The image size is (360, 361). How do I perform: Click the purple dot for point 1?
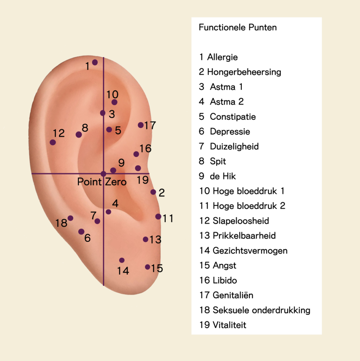95,62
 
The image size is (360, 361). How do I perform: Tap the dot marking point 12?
53,142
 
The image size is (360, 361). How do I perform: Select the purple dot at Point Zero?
103,173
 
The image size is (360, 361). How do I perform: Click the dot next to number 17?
140,125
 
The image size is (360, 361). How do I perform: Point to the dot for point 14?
122,260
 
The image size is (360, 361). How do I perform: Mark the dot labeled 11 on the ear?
158,216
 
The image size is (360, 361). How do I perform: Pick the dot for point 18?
71,218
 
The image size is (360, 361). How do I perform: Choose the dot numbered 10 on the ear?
114,102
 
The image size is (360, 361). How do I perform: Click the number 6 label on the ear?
87,238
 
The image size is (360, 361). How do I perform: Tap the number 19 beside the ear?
142,180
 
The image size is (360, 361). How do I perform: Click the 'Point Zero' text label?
102,182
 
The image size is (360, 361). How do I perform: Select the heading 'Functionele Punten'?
238,27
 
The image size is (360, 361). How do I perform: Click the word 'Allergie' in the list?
222,57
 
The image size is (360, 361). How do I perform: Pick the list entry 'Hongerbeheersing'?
244,72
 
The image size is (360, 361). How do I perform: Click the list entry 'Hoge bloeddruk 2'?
249,206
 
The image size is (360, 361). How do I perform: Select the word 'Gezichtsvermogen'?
250,251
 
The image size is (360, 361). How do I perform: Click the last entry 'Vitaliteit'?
230,325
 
